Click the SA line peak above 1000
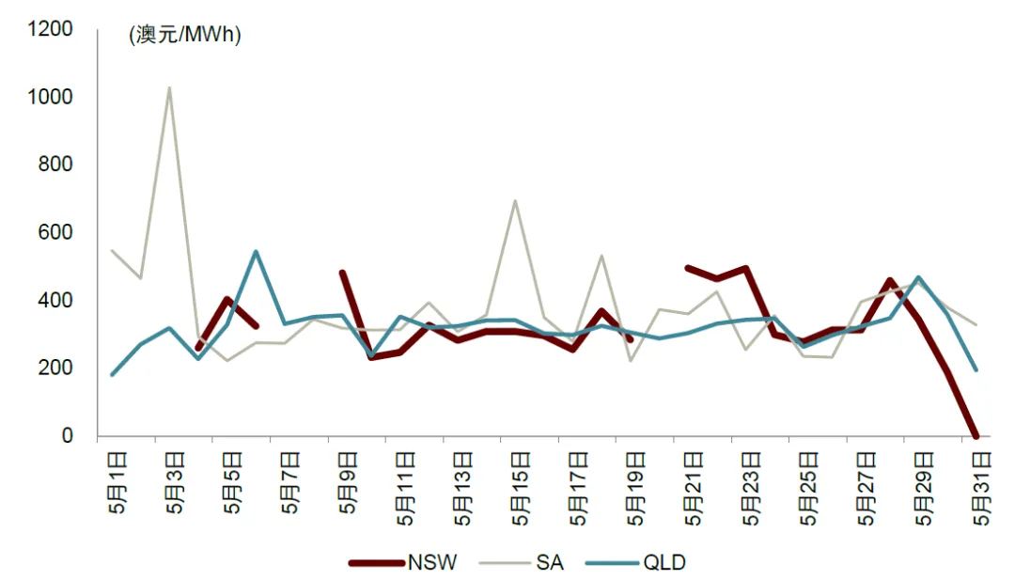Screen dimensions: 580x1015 [x=169, y=88]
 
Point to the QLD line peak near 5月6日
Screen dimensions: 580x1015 [x=256, y=251]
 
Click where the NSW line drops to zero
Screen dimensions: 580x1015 [x=977, y=436]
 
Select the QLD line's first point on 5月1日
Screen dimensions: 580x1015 [x=112, y=374]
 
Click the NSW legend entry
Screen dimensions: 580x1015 [x=403, y=563]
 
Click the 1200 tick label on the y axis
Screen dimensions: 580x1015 [x=51, y=30]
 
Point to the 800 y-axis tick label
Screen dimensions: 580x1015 [x=56, y=165]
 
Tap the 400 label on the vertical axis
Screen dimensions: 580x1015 [x=56, y=301]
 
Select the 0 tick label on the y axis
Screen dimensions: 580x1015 [x=67, y=436]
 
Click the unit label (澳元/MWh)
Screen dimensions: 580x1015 [x=185, y=36]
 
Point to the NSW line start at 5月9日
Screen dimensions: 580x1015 [x=342, y=273]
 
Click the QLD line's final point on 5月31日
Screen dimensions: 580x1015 [x=977, y=369]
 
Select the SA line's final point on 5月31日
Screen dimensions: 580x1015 [x=977, y=324]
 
